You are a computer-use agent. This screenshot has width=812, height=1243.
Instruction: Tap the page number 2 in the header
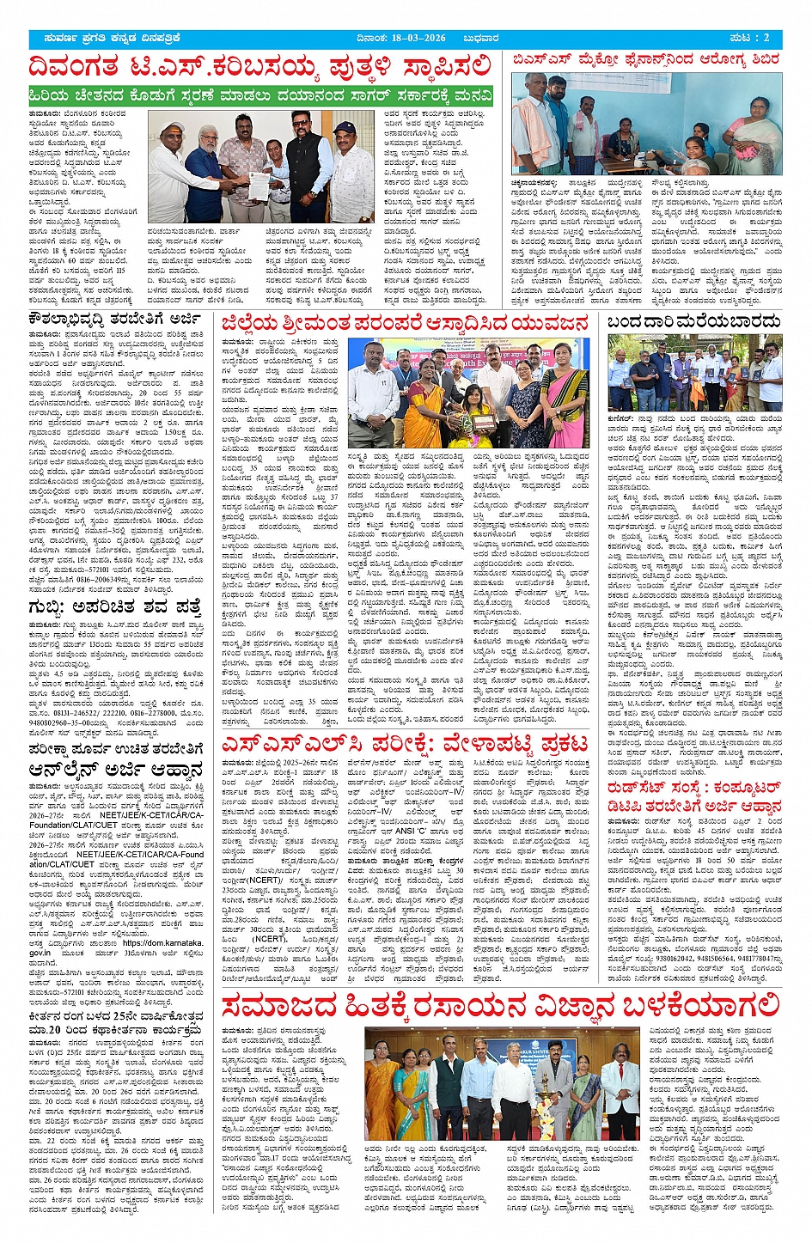[x=766, y=39]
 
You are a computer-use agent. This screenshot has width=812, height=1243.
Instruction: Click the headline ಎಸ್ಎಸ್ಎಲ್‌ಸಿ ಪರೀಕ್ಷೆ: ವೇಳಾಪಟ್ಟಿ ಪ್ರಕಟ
[x=405, y=743]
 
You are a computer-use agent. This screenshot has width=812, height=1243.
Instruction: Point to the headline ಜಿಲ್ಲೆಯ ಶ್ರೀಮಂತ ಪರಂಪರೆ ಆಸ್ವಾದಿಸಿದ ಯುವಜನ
[x=405, y=322]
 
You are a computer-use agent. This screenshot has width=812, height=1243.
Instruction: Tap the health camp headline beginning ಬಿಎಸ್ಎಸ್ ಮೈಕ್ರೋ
[x=646, y=60]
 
